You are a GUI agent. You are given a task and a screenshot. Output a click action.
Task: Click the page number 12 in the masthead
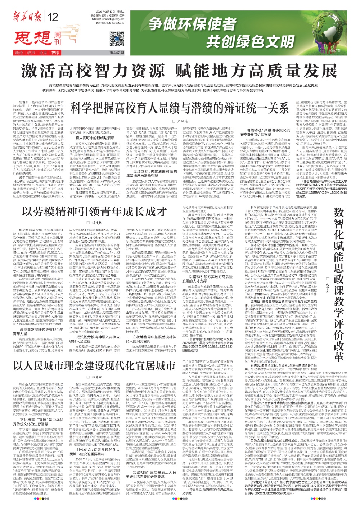click(53, 17)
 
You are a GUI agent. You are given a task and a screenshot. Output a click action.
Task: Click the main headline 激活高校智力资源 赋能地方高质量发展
click(180, 71)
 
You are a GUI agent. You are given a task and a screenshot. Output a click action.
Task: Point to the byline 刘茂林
click(96, 223)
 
